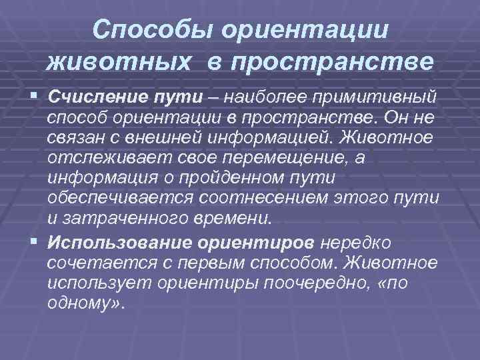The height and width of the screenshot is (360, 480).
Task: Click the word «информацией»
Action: click(263, 137)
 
